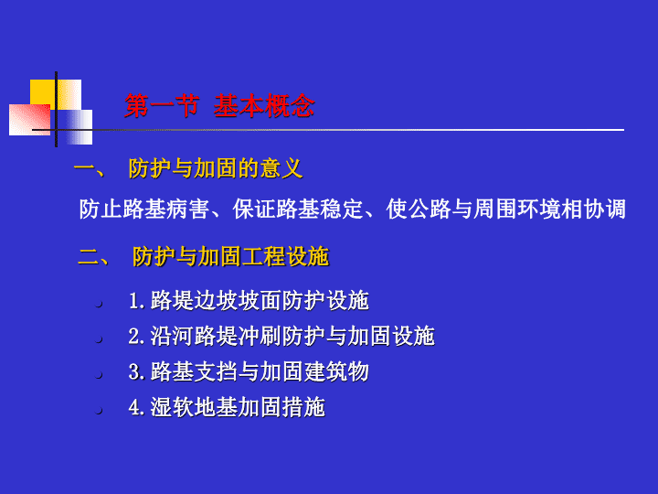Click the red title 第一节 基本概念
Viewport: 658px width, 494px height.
(x=219, y=105)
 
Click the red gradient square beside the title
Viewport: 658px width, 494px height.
(x=30, y=120)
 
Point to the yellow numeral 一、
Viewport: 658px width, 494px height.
(x=90, y=169)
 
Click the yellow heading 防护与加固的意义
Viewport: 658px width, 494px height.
(x=216, y=168)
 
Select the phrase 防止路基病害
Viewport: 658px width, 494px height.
(x=144, y=209)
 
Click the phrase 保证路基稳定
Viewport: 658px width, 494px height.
(x=298, y=209)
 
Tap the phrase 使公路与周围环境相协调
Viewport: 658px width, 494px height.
(x=505, y=209)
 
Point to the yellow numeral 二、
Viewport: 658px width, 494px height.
(x=93, y=257)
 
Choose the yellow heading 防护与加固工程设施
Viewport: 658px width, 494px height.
(x=231, y=256)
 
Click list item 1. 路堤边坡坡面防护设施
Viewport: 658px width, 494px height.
(x=249, y=300)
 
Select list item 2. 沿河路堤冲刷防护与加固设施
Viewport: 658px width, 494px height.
(x=281, y=336)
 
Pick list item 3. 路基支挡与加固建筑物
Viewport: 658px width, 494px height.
(x=249, y=371)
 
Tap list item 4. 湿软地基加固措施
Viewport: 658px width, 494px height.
(x=227, y=407)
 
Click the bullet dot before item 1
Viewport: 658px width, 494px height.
(x=99, y=304)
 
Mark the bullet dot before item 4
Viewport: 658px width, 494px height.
(x=99, y=411)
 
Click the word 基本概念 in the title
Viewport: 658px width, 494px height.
(x=264, y=105)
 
